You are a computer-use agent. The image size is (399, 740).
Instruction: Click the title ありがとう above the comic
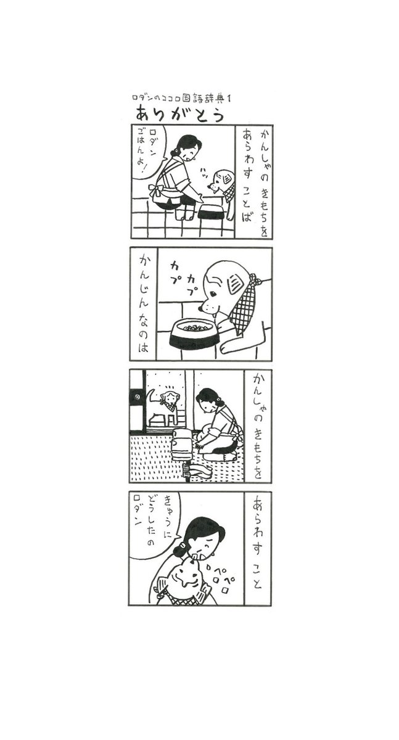(179, 114)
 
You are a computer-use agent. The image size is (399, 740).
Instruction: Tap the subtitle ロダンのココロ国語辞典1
(181, 98)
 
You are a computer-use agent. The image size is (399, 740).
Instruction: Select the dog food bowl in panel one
(212, 212)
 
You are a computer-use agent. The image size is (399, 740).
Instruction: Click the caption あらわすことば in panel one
(247, 176)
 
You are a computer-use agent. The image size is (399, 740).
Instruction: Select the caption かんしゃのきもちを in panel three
(257, 426)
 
